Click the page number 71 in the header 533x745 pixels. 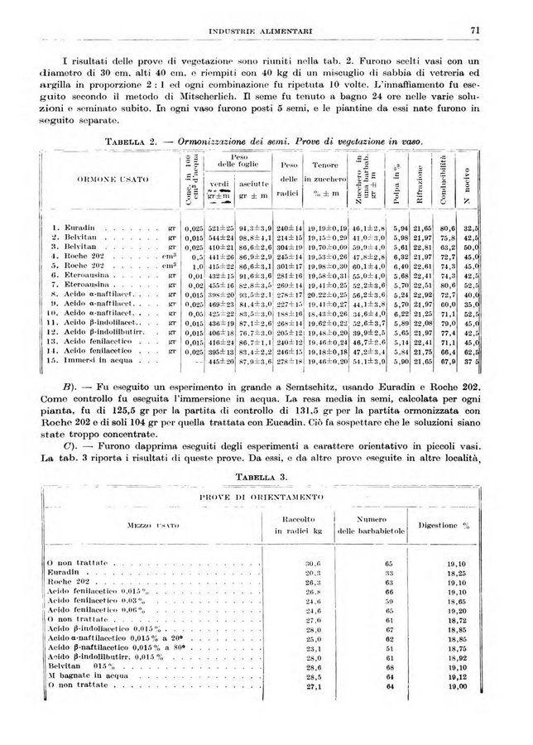(474, 31)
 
